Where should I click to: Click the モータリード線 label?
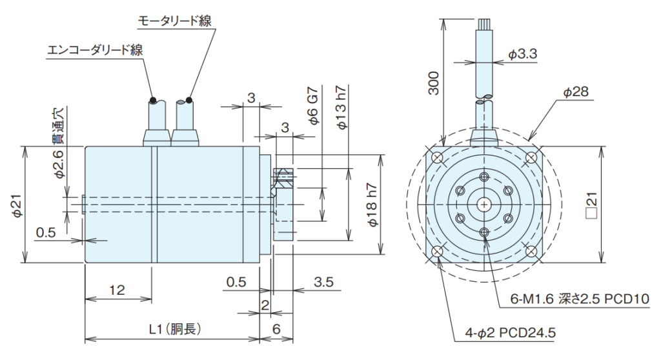(174, 21)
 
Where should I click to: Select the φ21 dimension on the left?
(17, 205)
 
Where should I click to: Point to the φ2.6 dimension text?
(58, 165)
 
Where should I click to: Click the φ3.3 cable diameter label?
(522, 55)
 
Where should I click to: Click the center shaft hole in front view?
(484, 205)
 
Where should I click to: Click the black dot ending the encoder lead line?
(153, 100)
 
